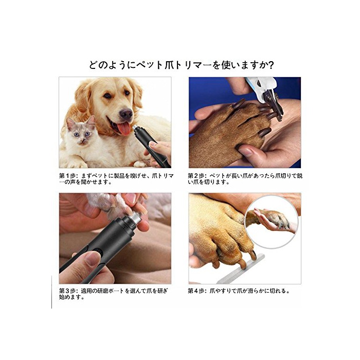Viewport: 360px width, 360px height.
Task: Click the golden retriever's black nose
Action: coord(127,114)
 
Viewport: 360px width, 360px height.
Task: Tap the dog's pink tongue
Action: coord(124,129)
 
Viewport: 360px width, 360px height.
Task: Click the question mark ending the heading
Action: coord(271,65)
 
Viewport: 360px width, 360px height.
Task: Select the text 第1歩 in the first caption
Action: coord(67,176)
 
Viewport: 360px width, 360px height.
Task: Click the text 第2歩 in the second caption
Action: coord(196,176)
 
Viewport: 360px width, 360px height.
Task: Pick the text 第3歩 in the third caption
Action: coord(67,291)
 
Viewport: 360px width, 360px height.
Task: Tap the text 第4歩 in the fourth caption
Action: coord(196,291)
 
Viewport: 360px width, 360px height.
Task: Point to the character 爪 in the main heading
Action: coord(169,65)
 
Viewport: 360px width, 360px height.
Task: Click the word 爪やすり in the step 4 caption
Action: coord(221,291)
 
